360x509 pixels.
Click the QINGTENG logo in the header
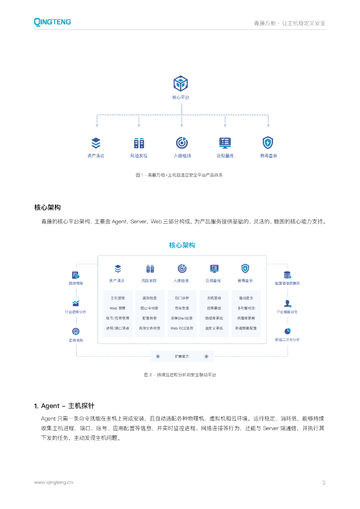point(52,22)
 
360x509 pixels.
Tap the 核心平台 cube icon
point(180,84)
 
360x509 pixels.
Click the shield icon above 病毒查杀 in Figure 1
point(268,143)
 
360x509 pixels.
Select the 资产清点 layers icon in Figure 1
point(96,143)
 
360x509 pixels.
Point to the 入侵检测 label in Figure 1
point(182,156)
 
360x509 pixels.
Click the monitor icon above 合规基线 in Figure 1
point(225,143)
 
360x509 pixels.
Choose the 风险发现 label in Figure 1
point(139,156)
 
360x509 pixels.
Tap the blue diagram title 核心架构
point(182,245)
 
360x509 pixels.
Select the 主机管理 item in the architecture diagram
point(117,298)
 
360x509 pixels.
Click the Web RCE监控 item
point(181,328)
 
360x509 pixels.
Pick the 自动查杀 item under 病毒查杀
point(246,298)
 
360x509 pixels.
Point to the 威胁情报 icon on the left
point(76,275)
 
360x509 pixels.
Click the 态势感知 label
point(76,340)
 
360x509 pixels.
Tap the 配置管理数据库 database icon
point(287,275)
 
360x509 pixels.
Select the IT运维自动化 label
point(287,312)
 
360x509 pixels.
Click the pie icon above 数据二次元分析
point(287,331)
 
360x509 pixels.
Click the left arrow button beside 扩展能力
point(158,356)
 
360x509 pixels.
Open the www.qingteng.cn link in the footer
point(53,482)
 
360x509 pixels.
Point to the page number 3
point(324,482)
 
